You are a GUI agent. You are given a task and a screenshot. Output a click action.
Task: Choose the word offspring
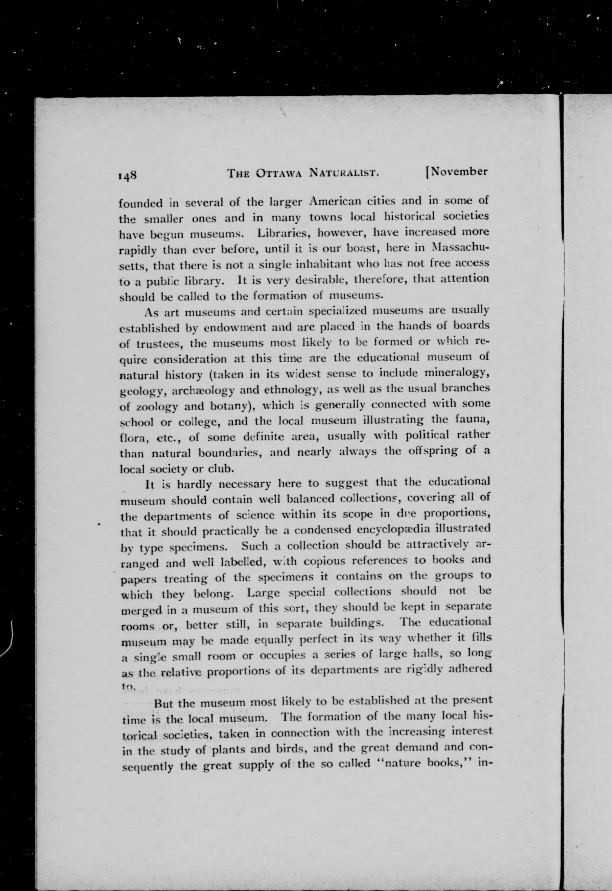[430, 451]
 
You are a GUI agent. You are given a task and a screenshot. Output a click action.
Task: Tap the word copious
[327, 561]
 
